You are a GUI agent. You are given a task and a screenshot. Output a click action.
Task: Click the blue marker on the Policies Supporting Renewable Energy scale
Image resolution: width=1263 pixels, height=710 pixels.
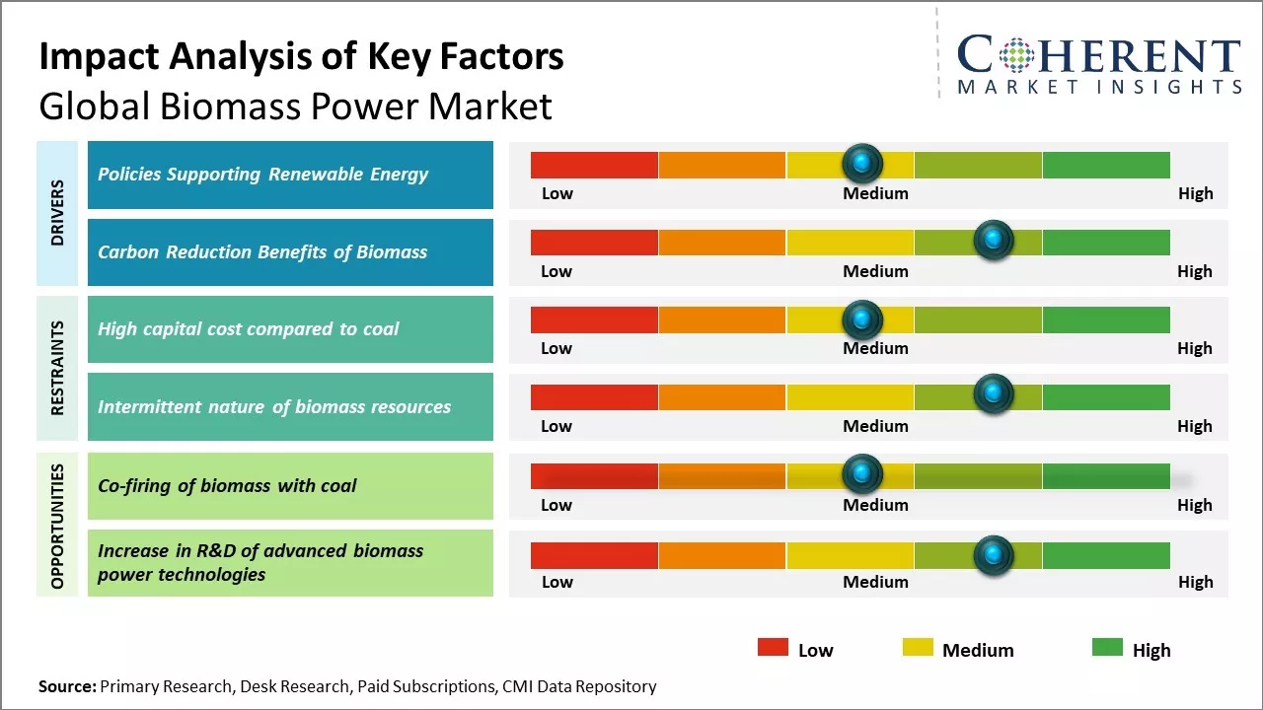[862, 161]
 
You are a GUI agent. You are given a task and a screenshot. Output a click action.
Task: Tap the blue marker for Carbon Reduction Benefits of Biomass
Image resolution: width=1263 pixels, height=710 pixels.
[993, 240]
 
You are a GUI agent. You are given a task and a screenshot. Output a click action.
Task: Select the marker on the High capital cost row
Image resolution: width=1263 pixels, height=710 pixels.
[862, 319]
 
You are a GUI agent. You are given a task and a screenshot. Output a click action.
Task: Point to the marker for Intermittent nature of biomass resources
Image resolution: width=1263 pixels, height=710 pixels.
[993, 394]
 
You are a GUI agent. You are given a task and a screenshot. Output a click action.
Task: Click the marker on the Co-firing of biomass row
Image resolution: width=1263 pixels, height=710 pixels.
[862, 474]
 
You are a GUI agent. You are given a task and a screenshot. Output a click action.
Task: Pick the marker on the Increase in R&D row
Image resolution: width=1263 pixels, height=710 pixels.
[993, 555]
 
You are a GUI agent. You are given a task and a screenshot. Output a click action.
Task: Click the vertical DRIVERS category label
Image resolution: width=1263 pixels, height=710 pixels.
[57, 213]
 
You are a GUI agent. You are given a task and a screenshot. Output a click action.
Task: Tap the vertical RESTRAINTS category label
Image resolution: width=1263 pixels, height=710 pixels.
[57, 368]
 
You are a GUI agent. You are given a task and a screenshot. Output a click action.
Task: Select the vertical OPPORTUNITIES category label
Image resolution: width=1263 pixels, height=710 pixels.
[57, 526]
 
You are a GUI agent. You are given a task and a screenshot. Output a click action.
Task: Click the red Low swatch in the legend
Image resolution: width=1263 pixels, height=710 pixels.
[773, 648]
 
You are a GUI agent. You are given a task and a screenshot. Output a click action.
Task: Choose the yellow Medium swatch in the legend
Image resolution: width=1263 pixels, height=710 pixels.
[918, 648]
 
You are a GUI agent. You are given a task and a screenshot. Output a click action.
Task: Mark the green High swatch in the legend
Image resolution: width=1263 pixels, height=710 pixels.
[1107, 648]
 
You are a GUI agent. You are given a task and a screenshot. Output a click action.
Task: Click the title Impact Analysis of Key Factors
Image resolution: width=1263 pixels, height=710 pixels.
[301, 57]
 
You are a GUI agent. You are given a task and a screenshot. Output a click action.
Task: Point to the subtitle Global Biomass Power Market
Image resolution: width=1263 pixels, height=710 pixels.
[295, 106]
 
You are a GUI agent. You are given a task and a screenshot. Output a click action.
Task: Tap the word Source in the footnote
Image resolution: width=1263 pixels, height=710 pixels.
[66, 686]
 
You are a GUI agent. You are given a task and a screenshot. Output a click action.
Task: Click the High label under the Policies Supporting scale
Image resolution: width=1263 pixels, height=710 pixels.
[1195, 193]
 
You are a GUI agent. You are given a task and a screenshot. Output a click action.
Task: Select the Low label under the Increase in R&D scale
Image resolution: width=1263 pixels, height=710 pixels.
[557, 582]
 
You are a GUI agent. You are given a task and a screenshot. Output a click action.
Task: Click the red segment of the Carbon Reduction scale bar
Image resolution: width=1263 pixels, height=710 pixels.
[594, 242]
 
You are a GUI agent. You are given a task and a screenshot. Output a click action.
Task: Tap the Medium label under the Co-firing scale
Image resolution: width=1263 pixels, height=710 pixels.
[875, 505]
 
